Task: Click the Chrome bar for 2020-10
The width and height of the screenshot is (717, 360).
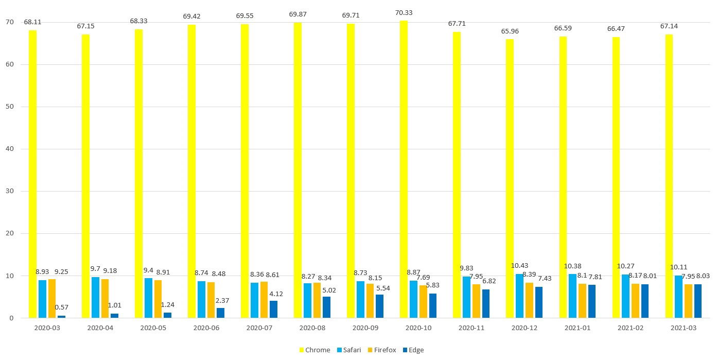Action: coord(404,169)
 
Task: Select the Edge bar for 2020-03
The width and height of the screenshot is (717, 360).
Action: coord(61,316)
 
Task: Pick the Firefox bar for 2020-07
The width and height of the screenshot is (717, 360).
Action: coord(264,300)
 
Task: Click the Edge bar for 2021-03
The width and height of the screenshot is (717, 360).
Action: coord(698,301)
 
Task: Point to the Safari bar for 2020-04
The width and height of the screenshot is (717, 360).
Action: coord(95,297)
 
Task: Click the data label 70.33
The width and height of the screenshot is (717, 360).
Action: coord(404,13)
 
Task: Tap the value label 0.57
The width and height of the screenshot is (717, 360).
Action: coord(61,307)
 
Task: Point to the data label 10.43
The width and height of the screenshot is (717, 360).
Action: coord(520,266)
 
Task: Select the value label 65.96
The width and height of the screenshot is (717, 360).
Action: coord(510,31)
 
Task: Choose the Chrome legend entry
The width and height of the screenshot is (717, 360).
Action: coord(314,350)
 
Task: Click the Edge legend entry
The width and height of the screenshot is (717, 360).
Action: coord(413,350)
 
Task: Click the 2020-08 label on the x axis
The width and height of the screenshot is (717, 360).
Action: coord(312,328)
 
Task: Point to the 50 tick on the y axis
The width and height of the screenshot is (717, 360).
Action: coord(10,107)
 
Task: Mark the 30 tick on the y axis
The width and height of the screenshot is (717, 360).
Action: coord(10,191)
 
